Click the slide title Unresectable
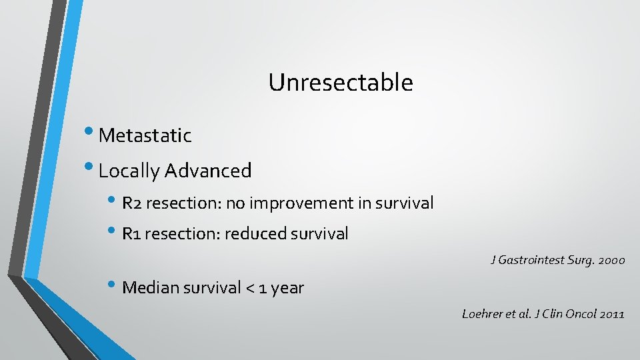[x=341, y=83]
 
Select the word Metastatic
[x=145, y=136]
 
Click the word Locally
[x=129, y=171]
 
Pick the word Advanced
[x=208, y=171]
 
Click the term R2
[x=132, y=203]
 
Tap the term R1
[x=131, y=234]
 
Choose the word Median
[x=149, y=288]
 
